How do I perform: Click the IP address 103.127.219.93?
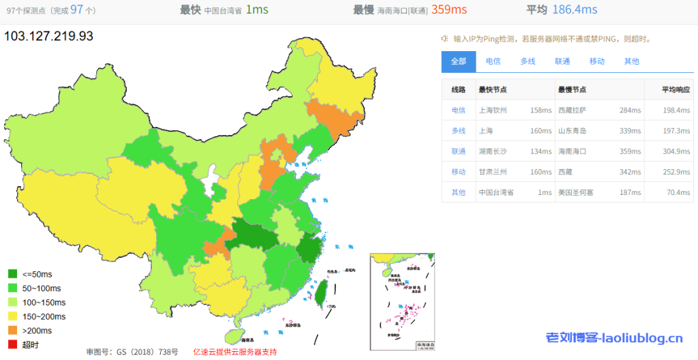pos(48,35)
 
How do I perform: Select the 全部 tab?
pos(458,61)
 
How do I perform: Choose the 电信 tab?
pos(493,61)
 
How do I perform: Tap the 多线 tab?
pos(528,61)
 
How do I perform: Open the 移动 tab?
pos(597,61)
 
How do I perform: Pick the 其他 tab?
pos(632,61)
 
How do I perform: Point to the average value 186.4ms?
pos(576,10)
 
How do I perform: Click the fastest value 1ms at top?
pos(258,10)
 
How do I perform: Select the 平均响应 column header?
pos(676,89)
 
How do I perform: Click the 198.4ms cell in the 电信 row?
pos(676,110)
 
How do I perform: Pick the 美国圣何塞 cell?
pos(575,192)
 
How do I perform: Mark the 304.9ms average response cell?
pos(676,151)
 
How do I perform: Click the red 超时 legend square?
pos(13,344)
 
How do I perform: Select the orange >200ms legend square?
pos(13,331)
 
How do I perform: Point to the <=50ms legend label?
pos(37,274)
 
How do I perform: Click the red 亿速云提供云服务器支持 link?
pos(235,352)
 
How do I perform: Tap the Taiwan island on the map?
pos(318,292)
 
